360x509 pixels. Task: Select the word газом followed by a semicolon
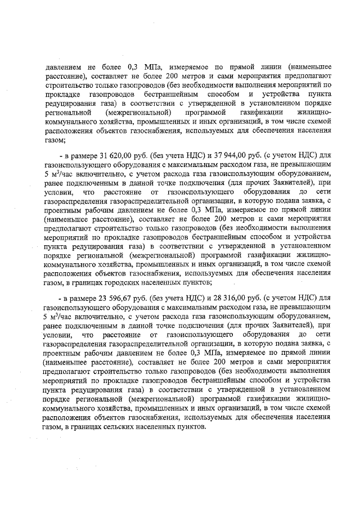pos(54,139)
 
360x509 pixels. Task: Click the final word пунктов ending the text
pos(190,427)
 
